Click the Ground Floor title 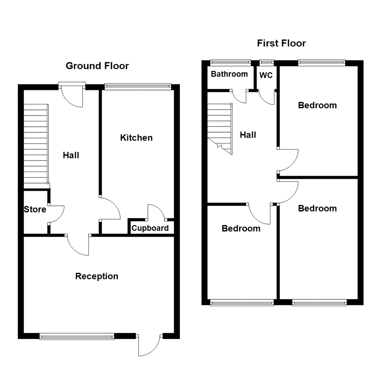(x=97, y=66)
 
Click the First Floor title (x=281, y=44)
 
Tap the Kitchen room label (x=136, y=138)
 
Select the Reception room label (x=97, y=276)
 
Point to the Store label (x=35, y=209)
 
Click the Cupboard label (x=150, y=228)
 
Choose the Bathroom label (x=229, y=74)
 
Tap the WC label (x=266, y=76)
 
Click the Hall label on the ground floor (x=71, y=155)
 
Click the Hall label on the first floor (x=248, y=135)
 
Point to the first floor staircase (x=219, y=127)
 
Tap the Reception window (x=77, y=336)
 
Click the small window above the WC (x=267, y=63)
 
